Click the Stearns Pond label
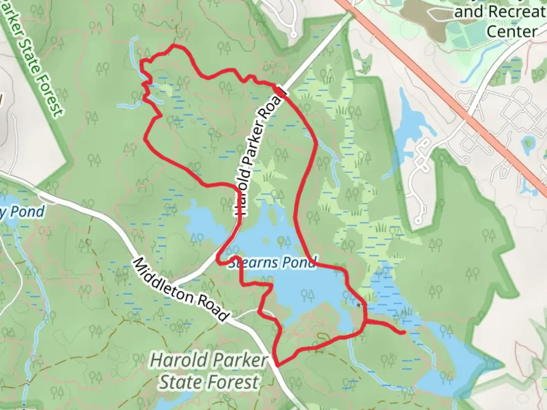click(272, 262)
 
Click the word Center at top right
click(512, 31)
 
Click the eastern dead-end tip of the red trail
click(403, 333)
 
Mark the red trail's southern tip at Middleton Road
click(278, 365)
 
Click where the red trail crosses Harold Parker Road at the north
click(280, 91)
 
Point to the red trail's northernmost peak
click(175, 46)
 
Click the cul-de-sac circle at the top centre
click(293, 35)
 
